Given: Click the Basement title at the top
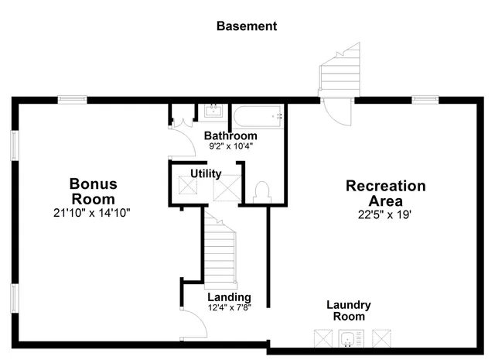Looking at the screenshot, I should click(246, 26).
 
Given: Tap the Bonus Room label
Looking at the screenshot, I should click(93, 191).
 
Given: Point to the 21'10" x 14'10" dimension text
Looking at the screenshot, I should click(92, 212).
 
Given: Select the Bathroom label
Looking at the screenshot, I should click(230, 135).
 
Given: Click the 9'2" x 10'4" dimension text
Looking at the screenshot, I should click(230, 146).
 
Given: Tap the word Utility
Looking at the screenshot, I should click(206, 173).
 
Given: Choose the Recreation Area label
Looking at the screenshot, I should click(385, 194).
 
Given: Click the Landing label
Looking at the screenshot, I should click(229, 297).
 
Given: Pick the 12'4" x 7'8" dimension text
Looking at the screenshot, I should click(229, 307).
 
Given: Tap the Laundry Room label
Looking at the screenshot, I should click(348, 310).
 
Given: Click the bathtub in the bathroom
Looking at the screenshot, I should click(258, 117).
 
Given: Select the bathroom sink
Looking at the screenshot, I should click(213, 112).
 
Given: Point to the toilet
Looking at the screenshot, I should click(261, 191).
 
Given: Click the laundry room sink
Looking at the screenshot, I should click(349, 338).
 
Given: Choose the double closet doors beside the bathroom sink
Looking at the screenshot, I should click(183, 120).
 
